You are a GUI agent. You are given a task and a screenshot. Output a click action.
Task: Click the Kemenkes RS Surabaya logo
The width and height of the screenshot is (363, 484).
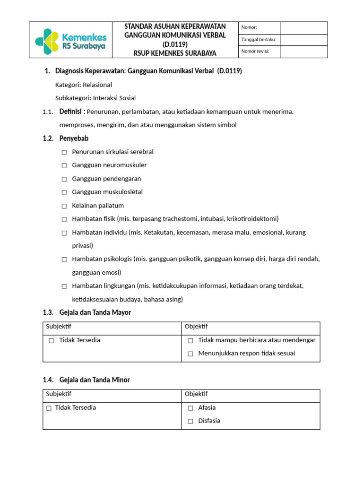(71, 41)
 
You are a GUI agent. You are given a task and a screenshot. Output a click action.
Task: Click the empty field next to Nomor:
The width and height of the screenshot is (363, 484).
(303, 28)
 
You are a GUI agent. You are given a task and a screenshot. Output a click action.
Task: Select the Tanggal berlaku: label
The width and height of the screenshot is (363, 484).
(259, 40)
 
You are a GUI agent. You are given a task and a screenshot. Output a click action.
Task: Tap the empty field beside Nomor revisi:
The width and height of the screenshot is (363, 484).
(303, 52)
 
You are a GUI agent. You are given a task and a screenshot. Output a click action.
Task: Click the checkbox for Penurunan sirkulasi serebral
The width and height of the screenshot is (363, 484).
(64, 152)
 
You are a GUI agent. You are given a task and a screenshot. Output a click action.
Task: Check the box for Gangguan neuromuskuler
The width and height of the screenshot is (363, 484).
(64, 165)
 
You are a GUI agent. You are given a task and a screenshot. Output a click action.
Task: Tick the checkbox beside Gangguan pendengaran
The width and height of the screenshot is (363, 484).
(64, 179)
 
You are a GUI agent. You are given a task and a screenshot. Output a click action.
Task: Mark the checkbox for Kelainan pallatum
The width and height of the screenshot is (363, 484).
(64, 206)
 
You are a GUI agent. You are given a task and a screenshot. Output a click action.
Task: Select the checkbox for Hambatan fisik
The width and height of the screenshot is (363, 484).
(64, 219)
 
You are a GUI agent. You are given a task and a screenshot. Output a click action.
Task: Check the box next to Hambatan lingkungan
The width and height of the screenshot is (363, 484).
(64, 286)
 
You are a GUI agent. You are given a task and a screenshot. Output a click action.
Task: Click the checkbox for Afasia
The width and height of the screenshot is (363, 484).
(190, 408)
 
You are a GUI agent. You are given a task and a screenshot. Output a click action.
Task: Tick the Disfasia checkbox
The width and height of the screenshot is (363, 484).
(190, 421)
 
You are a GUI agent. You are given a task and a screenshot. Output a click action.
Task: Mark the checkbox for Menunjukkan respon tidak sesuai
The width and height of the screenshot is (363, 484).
(190, 354)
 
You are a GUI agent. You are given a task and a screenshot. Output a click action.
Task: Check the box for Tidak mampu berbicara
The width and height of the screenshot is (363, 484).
(190, 340)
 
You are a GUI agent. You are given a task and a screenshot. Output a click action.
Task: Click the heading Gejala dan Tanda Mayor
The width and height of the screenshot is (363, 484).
(95, 312)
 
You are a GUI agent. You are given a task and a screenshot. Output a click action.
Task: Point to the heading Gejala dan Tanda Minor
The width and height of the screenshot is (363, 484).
(95, 380)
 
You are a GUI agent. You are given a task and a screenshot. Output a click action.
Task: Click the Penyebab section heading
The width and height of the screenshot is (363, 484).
(74, 138)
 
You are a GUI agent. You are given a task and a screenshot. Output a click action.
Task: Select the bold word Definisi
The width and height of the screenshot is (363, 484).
(72, 112)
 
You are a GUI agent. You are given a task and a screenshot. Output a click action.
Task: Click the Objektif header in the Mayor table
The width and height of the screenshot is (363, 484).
(196, 327)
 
